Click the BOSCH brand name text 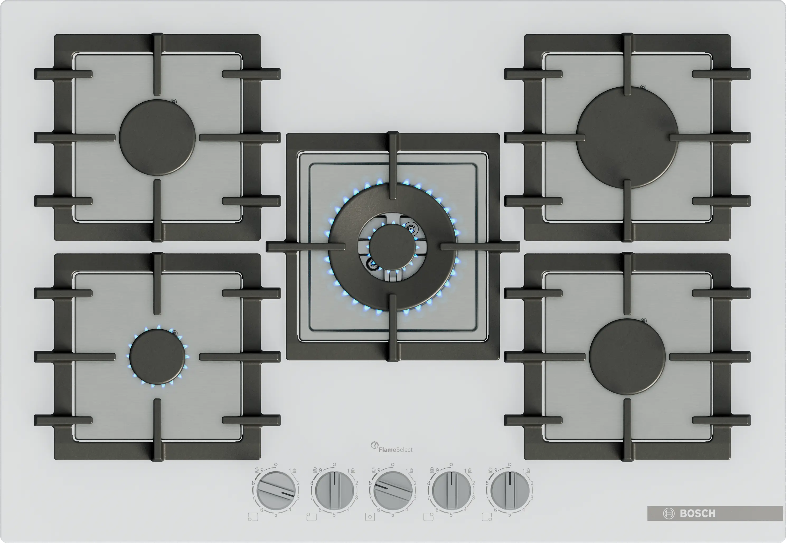(698, 513)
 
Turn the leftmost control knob (276, 490)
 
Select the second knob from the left (334, 490)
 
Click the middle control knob (393, 490)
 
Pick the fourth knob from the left (451, 490)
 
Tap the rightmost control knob (510, 490)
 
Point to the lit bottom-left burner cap (157, 356)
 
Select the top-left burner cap (157, 137)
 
